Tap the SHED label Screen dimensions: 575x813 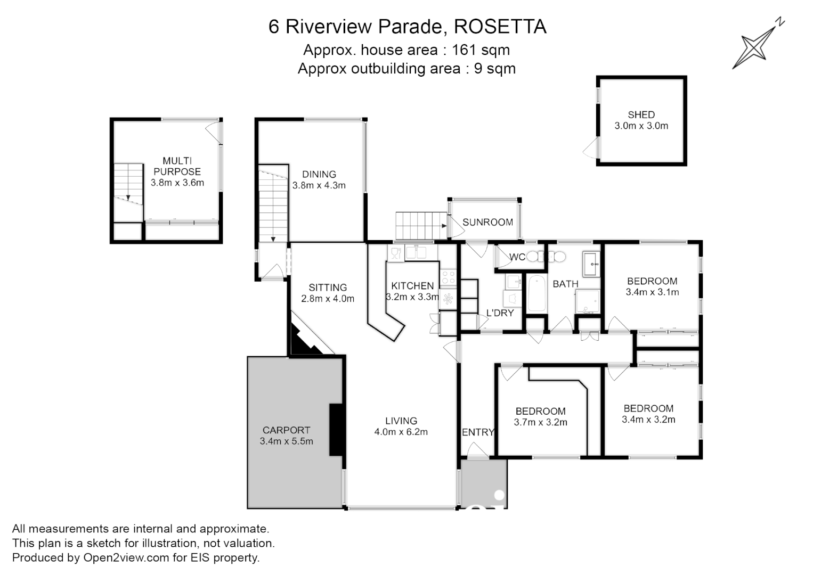click(x=641, y=114)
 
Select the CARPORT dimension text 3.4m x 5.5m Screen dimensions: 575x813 click(x=286, y=441)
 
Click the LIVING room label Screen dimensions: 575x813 click(x=401, y=421)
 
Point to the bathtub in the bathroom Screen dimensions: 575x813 click(x=536, y=293)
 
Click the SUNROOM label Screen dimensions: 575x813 click(x=487, y=223)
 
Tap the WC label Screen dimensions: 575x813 click(x=517, y=257)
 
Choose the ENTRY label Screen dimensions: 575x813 click(x=478, y=432)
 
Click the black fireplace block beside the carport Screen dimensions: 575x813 click(x=336, y=430)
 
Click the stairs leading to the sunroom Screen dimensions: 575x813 click(x=420, y=226)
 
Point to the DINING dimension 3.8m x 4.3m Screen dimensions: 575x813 click(x=319, y=186)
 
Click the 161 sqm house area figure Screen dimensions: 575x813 click(x=481, y=50)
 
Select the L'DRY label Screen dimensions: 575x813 click(x=500, y=313)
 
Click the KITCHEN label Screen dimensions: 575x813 click(x=412, y=286)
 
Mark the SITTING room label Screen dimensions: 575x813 click(x=328, y=287)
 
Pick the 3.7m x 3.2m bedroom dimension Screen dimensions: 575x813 click(x=540, y=422)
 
